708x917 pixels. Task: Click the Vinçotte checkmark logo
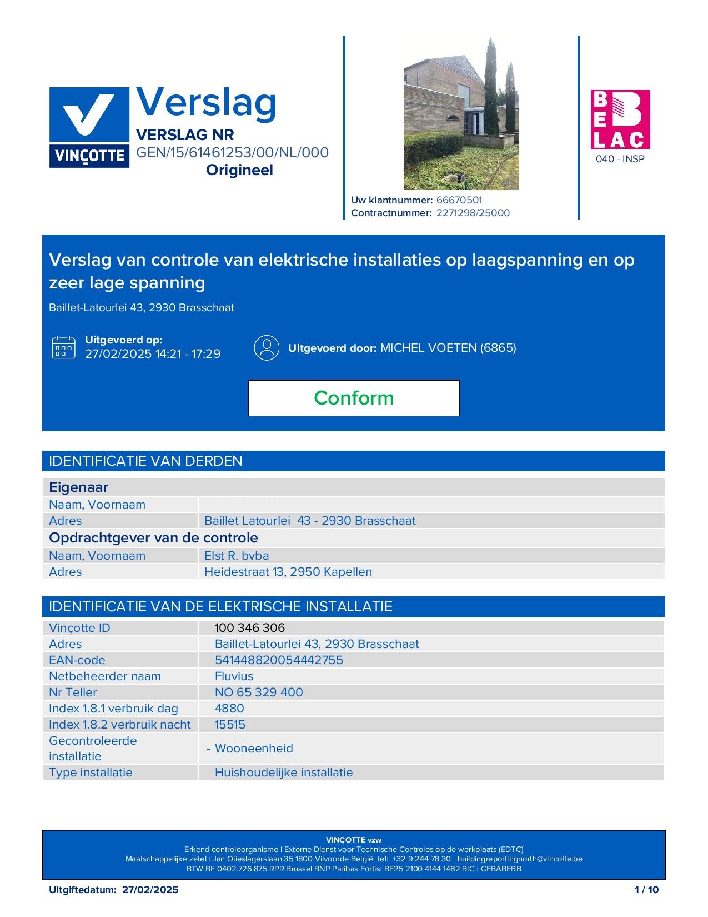(89, 127)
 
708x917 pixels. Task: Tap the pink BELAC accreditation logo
(620, 119)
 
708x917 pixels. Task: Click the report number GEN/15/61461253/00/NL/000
(232, 152)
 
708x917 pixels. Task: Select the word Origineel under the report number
(239, 170)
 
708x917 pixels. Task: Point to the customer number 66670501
(459, 200)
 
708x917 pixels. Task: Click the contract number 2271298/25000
(473, 213)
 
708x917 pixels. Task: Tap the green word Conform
(354, 398)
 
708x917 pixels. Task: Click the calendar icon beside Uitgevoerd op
(63, 347)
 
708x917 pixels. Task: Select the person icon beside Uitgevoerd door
(267, 347)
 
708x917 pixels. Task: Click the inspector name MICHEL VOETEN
(428, 348)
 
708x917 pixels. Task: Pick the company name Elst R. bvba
(237, 556)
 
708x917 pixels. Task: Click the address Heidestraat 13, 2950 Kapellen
(288, 572)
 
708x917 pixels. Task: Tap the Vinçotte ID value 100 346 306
(250, 628)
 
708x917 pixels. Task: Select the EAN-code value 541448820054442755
(279, 660)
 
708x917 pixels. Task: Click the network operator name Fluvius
(234, 676)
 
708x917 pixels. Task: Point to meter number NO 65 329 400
(259, 692)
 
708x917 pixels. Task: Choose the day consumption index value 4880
(229, 709)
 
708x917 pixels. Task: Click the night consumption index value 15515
(230, 725)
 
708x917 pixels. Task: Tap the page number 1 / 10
(646, 890)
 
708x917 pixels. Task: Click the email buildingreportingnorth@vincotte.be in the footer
(520, 859)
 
